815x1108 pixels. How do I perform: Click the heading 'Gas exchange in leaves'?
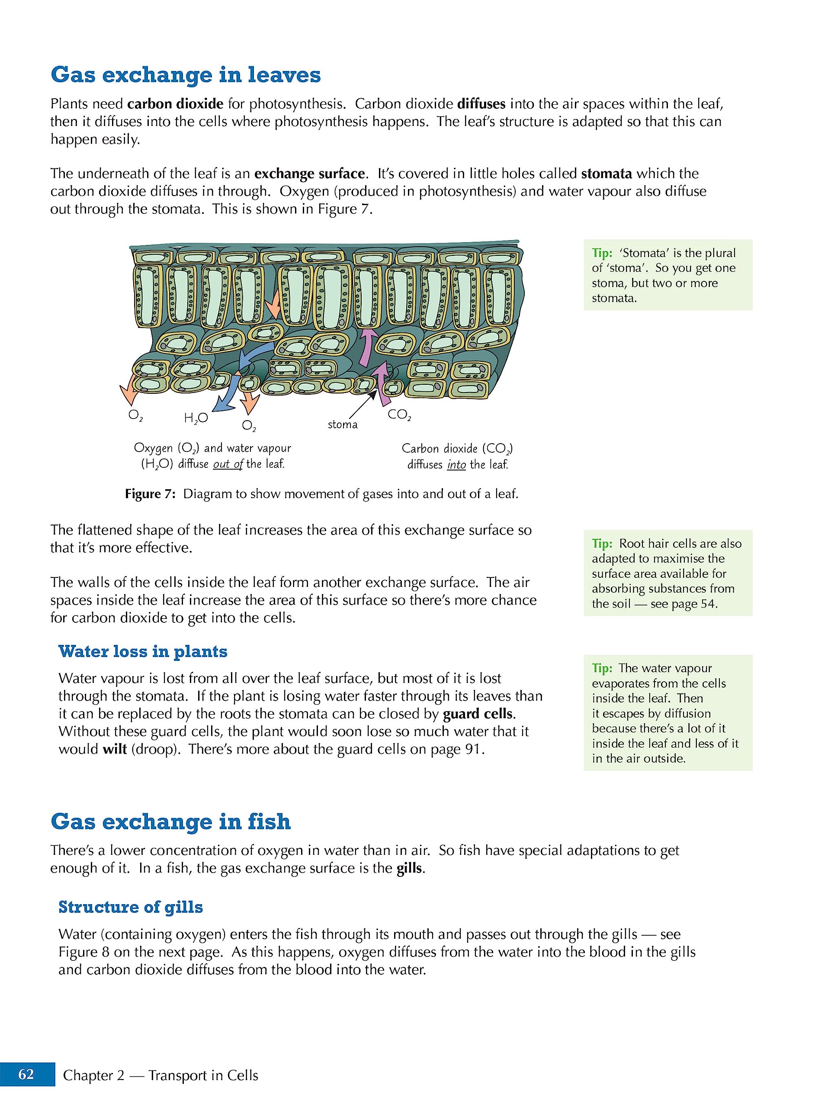[186, 75]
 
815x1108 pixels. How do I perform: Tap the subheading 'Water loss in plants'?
[143, 651]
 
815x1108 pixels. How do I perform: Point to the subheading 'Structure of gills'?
[131, 907]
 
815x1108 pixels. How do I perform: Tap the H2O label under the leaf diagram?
[196, 419]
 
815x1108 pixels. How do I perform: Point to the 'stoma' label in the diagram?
[342, 425]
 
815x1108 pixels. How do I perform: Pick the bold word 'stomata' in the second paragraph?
[606, 174]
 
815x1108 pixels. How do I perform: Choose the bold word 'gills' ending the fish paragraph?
[410, 868]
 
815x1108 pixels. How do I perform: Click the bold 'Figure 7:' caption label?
[150, 494]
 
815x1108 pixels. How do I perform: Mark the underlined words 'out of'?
[228, 464]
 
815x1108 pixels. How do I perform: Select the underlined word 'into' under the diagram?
[456, 464]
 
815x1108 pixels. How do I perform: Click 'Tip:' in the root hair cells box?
[602, 543]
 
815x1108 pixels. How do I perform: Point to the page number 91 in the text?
[472, 749]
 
